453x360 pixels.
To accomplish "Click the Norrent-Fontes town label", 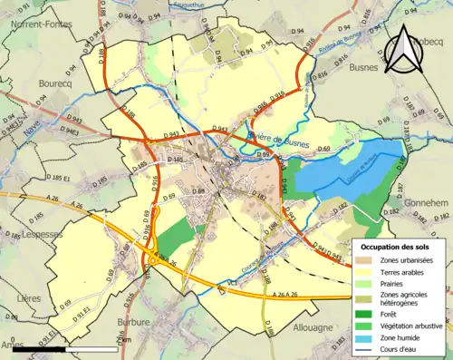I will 42,25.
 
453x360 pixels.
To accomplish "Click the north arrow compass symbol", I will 401,49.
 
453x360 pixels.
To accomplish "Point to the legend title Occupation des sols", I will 400,246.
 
